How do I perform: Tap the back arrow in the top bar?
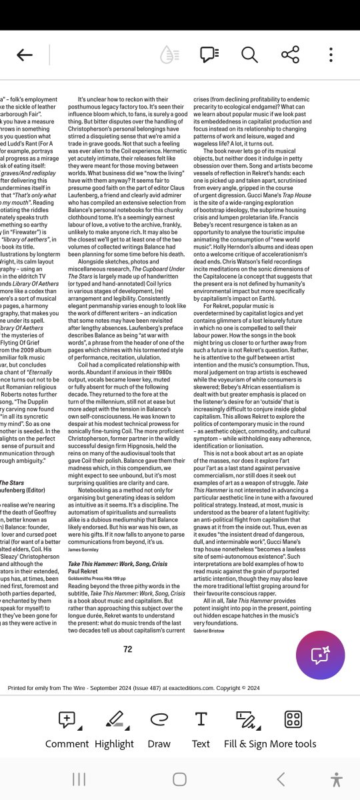point(25,55)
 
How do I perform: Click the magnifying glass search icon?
point(249,55)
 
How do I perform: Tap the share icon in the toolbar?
point(290,55)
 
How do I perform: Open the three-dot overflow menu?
point(331,55)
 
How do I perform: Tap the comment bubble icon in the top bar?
point(209,55)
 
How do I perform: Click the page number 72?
point(128,649)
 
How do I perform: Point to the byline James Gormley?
point(84,549)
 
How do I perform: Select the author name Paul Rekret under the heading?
point(83,571)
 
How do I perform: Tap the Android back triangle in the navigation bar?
point(281,779)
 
